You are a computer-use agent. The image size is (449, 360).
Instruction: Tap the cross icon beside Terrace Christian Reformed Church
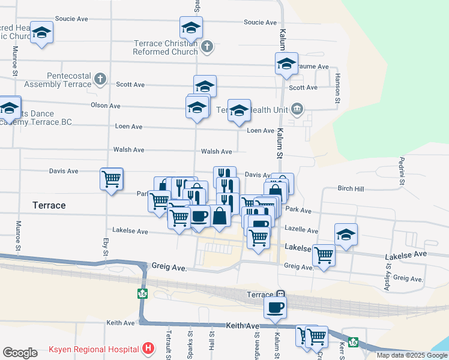[206, 46]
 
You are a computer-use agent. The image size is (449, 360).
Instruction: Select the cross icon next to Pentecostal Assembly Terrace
[100, 79]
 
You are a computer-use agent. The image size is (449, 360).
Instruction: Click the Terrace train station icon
[280, 295]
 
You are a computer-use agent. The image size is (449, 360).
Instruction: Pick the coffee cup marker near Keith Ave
[276, 308]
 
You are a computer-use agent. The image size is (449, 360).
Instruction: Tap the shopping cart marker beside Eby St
[112, 179]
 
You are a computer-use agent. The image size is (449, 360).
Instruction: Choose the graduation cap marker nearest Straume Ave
[287, 63]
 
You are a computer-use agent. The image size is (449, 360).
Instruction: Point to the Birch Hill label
[351, 188]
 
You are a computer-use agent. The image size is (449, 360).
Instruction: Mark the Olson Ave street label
[105, 106]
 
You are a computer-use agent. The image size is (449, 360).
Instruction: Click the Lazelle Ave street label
[301, 230]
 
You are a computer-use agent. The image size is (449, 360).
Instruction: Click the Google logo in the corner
[20, 353]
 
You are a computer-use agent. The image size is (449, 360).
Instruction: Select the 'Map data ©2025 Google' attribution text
[412, 355]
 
